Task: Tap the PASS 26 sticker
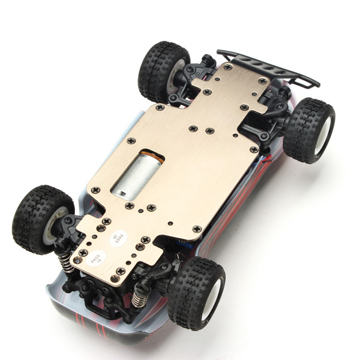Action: (x=118, y=238)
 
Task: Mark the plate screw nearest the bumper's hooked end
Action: (x=263, y=80)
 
